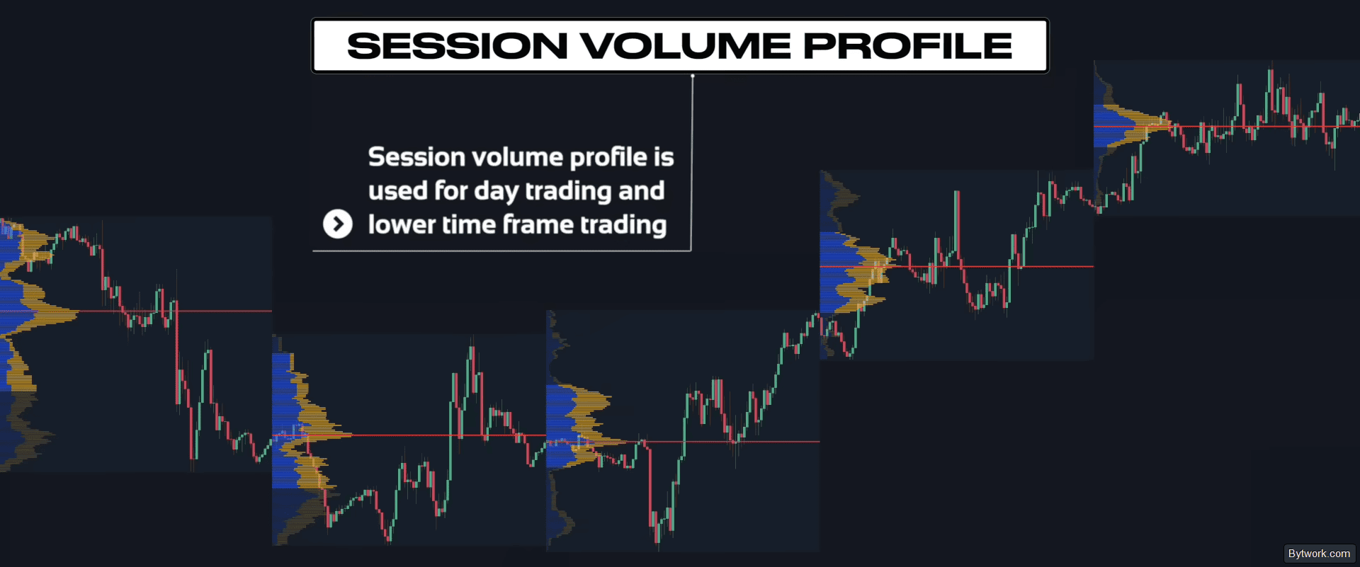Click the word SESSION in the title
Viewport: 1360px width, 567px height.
coord(458,46)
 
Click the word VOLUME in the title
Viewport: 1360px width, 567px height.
coord(686,46)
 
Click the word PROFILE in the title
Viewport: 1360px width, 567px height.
coord(908,46)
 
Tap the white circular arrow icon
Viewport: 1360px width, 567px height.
coord(338,224)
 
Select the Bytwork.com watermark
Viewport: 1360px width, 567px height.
coord(1319,554)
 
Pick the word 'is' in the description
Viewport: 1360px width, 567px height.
coord(664,157)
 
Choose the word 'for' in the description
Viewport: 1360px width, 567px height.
coord(450,191)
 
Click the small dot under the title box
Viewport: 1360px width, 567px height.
coord(693,76)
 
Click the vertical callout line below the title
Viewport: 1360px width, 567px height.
coord(691,164)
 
